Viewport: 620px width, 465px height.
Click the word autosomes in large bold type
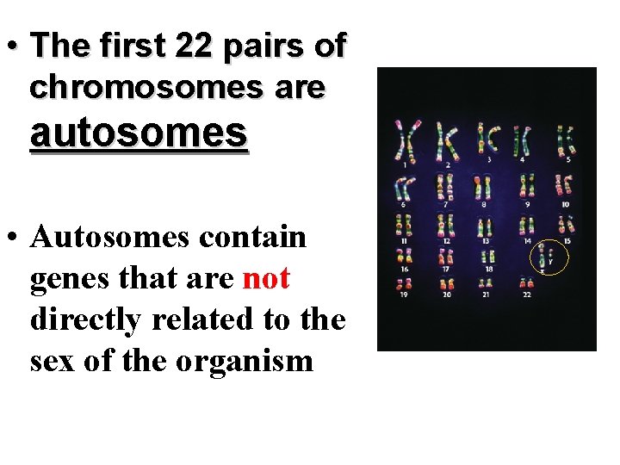click(x=139, y=133)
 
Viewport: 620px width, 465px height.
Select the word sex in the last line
click(x=52, y=360)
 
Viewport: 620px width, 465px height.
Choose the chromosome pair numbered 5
click(x=566, y=140)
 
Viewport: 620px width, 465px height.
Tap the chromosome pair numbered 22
click(x=526, y=282)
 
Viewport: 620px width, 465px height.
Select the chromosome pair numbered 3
click(x=488, y=139)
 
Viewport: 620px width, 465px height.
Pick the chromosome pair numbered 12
click(x=446, y=227)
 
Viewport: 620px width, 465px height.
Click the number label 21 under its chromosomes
click(x=487, y=294)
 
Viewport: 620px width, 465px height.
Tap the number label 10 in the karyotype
click(x=565, y=205)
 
